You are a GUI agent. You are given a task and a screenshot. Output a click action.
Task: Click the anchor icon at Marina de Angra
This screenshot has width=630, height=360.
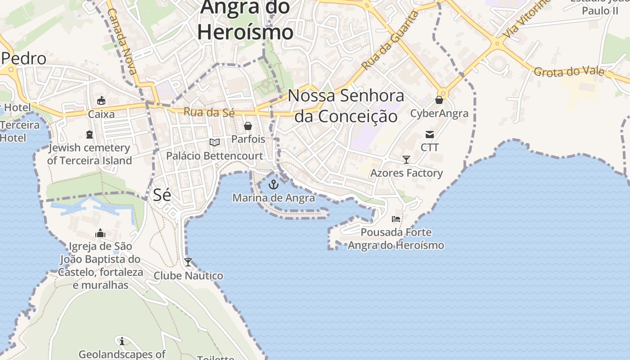tap(274, 184)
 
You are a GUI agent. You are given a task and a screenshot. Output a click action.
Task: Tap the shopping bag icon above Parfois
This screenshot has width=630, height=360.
tap(248, 126)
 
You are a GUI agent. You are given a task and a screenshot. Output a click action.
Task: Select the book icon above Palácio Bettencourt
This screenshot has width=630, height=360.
tap(215, 143)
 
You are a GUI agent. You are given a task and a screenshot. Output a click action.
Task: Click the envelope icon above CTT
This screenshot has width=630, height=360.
tap(430, 134)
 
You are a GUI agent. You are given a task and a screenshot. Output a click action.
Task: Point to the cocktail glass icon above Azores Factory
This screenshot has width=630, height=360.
tap(406, 160)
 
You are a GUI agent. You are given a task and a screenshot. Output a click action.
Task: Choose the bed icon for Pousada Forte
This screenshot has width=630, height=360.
tap(396, 219)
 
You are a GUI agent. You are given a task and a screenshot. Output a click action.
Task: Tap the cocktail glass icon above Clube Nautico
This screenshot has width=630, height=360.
tap(188, 262)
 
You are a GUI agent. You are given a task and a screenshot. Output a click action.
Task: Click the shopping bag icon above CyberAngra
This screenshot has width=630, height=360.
tap(439, 100)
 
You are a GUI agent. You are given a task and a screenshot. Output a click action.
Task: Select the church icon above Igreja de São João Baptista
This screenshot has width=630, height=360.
tap(100, 233)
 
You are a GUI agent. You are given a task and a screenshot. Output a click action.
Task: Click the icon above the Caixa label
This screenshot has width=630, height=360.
tap(101, 101)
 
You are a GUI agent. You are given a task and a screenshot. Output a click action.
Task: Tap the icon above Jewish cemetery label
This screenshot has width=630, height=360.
tap(89, 135)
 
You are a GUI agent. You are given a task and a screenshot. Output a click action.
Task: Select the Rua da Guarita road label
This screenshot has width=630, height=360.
tap(390, 41)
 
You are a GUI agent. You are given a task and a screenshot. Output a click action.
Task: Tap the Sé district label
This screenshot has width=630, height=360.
tap(162, 195)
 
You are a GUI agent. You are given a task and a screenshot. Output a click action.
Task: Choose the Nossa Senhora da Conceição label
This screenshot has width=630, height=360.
tap(346, 106)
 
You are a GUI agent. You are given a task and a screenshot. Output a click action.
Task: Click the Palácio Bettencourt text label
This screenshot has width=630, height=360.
tap(215, 156)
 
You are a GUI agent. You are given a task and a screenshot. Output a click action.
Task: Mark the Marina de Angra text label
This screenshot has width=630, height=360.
tap(274, 198)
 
